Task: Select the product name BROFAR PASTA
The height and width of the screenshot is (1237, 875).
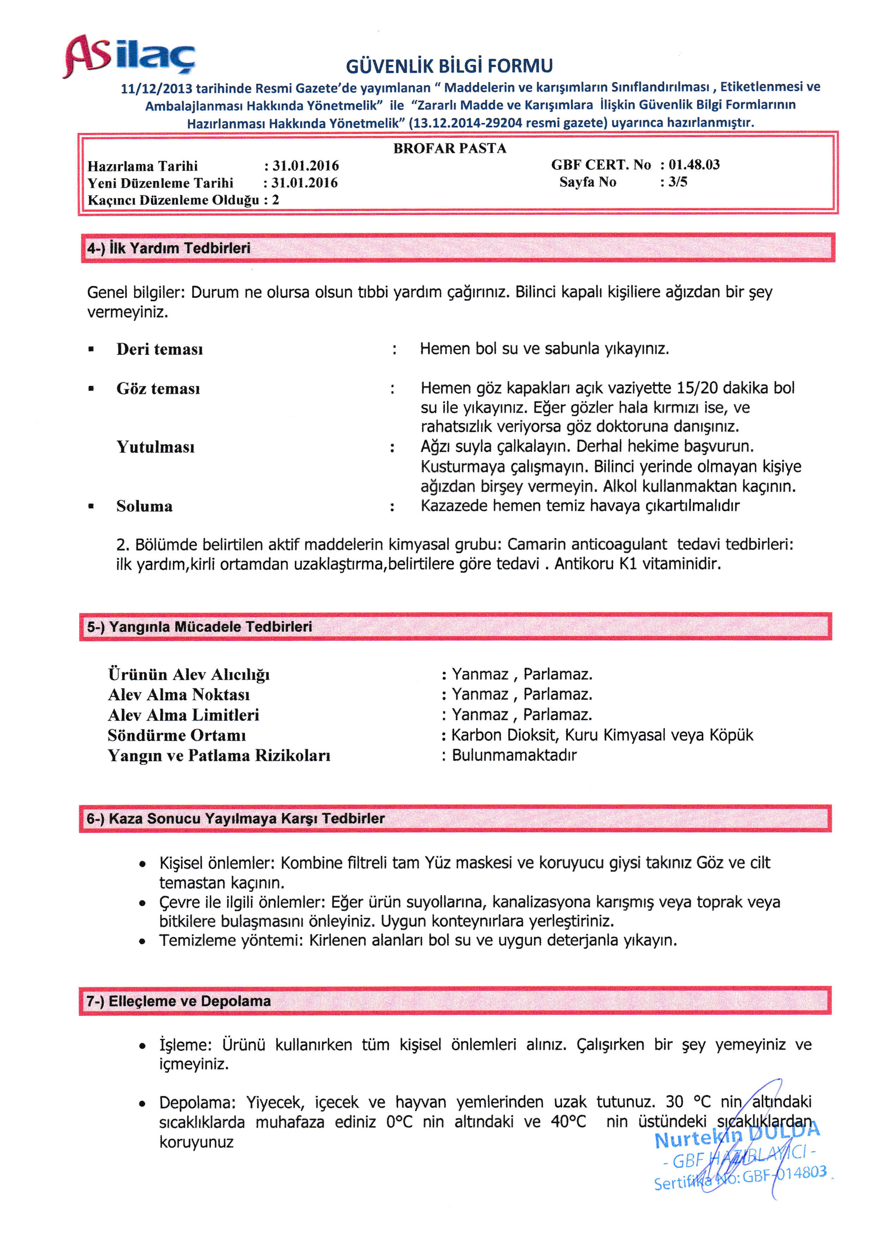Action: (449, 149)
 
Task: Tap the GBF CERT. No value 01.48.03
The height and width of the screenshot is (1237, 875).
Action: (694, 165)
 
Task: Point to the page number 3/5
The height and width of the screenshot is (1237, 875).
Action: (678, 182)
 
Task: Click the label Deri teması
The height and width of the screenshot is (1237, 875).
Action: (159, 349)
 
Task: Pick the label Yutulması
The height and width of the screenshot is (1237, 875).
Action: (155, 447)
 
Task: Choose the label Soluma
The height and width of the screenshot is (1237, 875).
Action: (144, 507)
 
